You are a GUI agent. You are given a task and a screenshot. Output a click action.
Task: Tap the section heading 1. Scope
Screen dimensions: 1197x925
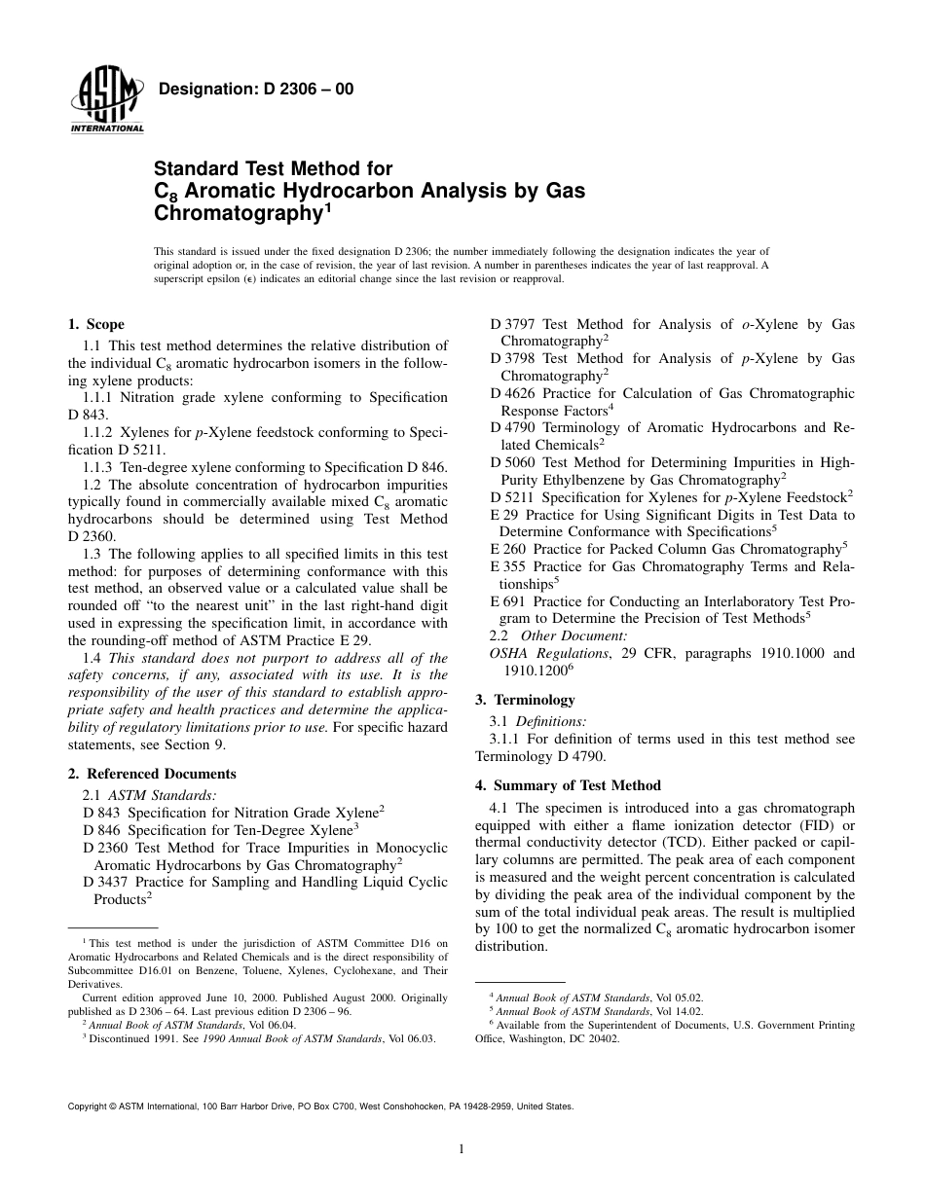[x=95, y=324]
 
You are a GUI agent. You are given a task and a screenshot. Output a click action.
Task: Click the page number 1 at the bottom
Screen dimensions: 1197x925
[x=462, y=1148]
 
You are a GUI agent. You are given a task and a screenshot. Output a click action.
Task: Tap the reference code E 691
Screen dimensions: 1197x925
[x=508, y=601]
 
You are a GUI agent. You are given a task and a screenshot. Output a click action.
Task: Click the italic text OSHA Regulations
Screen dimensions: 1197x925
[x=549, y=654]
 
